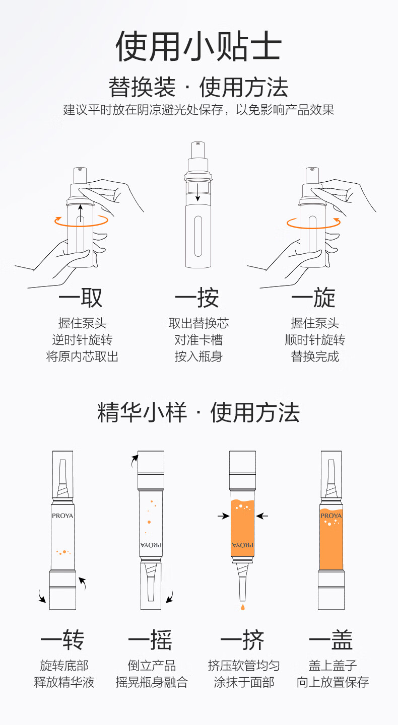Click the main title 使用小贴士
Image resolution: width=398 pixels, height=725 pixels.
(198, 46)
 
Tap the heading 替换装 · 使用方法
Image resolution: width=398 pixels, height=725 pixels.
(198, 87)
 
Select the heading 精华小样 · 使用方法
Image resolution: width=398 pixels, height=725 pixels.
(198, 412)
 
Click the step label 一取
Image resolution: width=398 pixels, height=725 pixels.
(81, 298)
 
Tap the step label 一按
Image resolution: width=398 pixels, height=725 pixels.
(197, 298)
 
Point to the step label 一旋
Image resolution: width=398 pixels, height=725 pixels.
(313, 298)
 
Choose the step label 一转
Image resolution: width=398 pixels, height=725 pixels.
(62, 640)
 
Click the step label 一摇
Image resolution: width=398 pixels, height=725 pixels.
(150, 640)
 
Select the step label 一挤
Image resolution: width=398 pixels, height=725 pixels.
(242, 640)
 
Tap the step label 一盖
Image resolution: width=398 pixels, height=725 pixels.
(330, 640)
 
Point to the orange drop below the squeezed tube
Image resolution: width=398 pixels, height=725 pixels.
(242, 607)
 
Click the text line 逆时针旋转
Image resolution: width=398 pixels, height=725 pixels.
(82, 340)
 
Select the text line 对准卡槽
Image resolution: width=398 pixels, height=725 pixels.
(198, 340)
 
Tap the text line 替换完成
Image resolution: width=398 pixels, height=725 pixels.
(315, 356)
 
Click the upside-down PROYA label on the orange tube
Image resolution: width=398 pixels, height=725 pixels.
(242, 545)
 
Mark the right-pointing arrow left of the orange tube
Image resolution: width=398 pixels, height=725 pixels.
(224, 516)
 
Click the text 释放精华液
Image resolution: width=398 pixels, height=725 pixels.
(64, 682)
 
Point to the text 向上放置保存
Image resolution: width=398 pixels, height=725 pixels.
(333, 682)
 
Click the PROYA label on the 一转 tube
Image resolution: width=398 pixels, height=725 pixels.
(62, 516)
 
